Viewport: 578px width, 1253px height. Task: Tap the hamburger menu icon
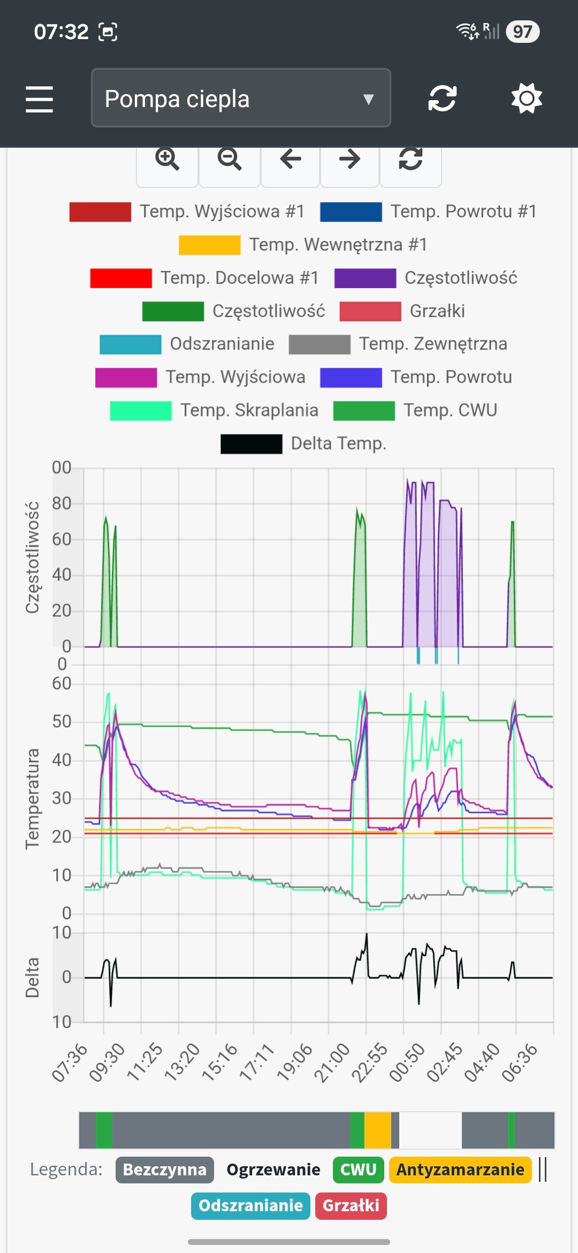(x=39, y=99)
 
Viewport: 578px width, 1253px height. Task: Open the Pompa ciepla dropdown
(x=241, y=98)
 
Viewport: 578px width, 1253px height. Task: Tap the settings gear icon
(x=527, y=99)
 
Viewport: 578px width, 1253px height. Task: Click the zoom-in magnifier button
(x=167, y=160)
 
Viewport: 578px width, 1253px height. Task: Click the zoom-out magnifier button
(x=230, y=160)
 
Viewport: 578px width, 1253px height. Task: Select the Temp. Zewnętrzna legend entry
(x=398, y=344)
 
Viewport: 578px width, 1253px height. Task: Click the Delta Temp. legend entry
(x=303, y=443)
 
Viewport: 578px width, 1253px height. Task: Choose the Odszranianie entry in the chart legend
(x=187, y=344)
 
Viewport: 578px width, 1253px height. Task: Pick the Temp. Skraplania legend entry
(x=214, y=410)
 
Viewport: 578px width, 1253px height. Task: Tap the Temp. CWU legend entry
(x=415, y=410)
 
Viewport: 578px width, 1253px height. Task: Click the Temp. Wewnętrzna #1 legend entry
(x=303, y=245)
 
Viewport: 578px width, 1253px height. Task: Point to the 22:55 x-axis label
(x=369, y=1062)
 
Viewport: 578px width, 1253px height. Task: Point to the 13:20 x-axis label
(x=182, y=1062)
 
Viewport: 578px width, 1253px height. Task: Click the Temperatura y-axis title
(x=33, y=799)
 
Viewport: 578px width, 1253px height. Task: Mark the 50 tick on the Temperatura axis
(x=62, y=722)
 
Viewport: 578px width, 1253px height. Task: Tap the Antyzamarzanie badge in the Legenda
(x=460, y=1169)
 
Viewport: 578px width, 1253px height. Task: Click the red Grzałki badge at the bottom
(x=351, y=1205)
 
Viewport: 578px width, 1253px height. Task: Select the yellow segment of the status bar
(x=378, y=1130)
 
